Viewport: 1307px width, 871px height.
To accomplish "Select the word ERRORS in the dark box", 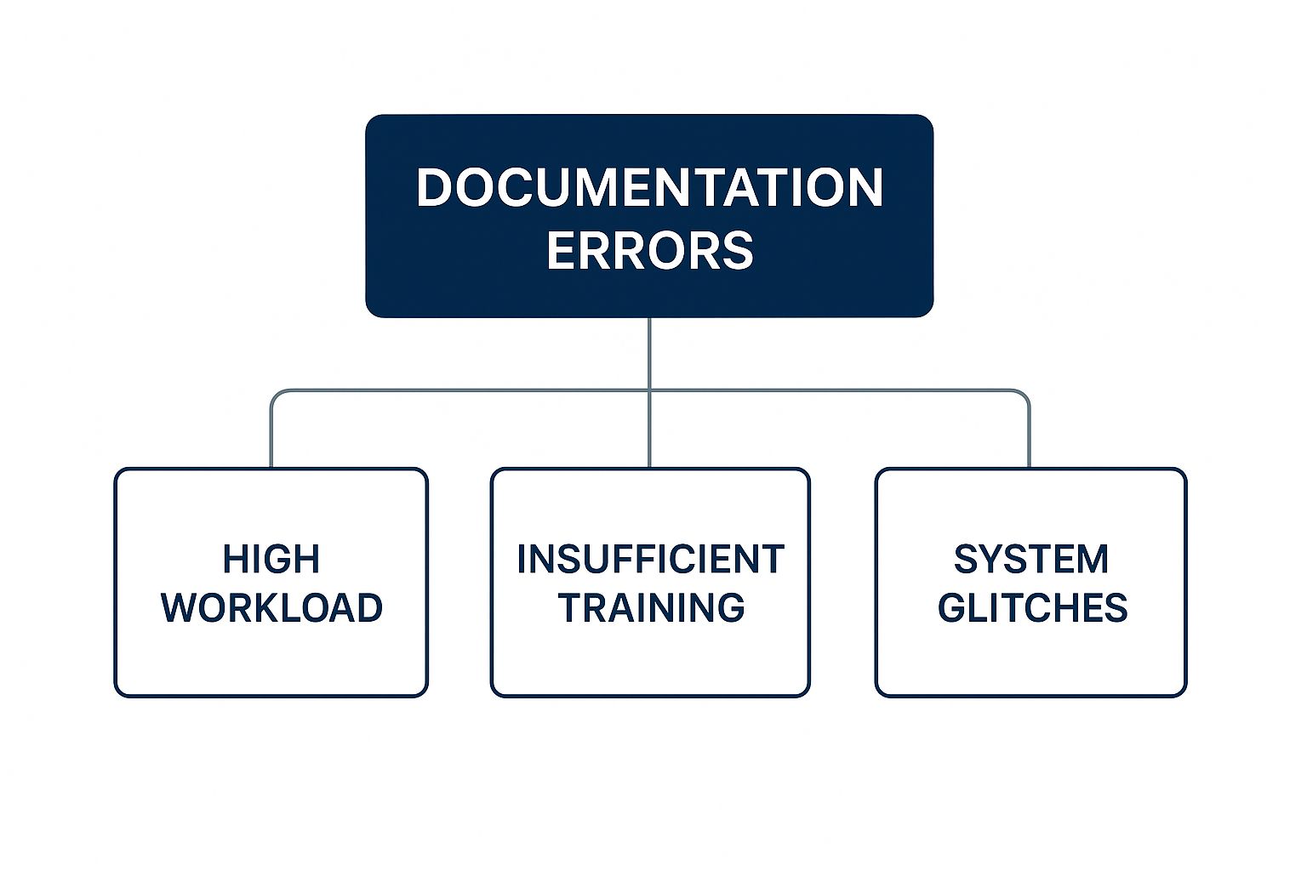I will [649, 250].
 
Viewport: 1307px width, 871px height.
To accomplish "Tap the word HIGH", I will [271, 560].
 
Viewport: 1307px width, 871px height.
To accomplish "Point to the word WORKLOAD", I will [271, 608].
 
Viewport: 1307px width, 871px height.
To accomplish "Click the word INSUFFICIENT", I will [650, 560].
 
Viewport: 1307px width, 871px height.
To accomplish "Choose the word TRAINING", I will [650, 608].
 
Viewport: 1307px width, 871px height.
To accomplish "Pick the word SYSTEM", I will [1031, 560].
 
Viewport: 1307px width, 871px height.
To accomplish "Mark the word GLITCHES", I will [1032, 608].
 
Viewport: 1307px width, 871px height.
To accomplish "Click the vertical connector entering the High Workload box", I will [271, 434].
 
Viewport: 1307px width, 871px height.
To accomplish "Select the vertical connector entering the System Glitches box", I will [1029, 434].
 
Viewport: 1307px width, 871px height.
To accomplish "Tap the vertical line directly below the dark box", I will [649, 353].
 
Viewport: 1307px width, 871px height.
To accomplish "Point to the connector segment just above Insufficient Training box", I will [649, 434].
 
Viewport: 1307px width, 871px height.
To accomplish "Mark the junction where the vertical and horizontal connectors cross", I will [649, 391].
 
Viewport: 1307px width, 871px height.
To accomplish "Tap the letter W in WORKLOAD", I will [182, 608].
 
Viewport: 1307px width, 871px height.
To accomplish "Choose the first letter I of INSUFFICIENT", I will [522, 560].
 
